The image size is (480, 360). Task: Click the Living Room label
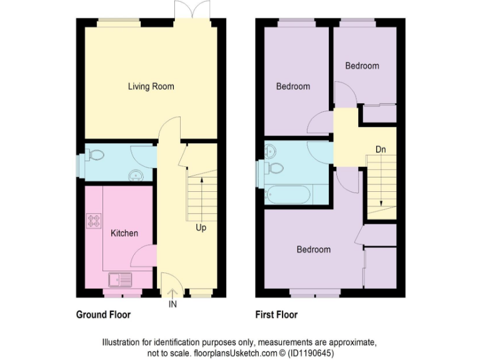click(151, 86)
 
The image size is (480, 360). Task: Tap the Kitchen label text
click(124, 233)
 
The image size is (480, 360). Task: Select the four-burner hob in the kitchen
click(94, 220)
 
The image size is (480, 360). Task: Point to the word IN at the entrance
click(172, 305)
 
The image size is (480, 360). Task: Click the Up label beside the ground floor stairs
click(201, 228)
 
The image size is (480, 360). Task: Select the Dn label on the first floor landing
click(380, 149)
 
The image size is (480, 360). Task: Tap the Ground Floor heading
click(103, 314)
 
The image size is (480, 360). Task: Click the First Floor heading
click(276, 314)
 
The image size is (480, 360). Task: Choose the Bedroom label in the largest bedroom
click(313, 249)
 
